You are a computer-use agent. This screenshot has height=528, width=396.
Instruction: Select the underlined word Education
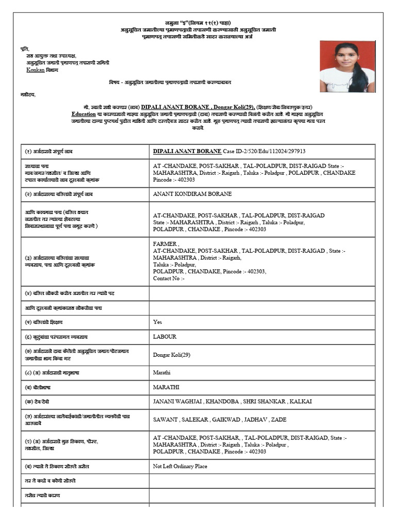[84, 113]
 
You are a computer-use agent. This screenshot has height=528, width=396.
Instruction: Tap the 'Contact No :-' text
[169, 278]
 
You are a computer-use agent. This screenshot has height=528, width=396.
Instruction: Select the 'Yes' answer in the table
[157, 322]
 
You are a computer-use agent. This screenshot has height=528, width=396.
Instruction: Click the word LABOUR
[164, 337]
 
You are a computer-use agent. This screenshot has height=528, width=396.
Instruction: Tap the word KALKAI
[301, 401]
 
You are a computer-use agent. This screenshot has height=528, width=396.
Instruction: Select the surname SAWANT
[165, 420]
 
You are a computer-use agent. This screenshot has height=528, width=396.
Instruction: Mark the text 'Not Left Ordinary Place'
[180, 466]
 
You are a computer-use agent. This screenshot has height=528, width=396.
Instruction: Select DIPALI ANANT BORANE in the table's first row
[187, 151]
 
